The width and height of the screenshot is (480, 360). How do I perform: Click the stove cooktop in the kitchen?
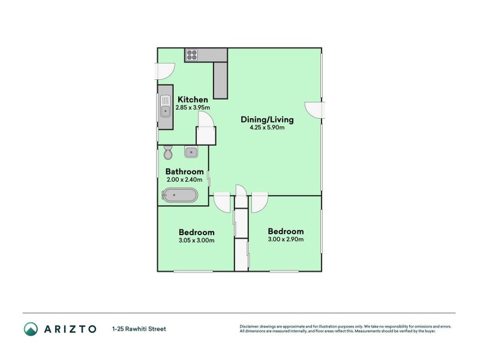pyautogui.click(x=192, y=55)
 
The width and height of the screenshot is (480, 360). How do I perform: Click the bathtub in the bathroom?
pyautogui.click(x=179, y=195)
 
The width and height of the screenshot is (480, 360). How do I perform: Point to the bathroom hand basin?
pyautogui.click(x=191, y=152)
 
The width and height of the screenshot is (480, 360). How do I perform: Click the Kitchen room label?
pyautogui.click(x=192, y=100)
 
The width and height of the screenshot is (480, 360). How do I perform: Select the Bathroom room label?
pyautogui.click(x=185, y=171)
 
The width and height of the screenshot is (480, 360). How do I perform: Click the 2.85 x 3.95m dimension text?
pyautogui.click(x=192, y=108)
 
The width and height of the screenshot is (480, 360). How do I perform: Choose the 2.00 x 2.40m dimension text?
pyautogui.click(x=185, y=179)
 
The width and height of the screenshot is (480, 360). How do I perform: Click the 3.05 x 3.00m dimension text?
pyautogui.click(x=196, y=241)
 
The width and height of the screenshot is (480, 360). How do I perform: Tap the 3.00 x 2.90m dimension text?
pyautogui.click(x=286, y=239)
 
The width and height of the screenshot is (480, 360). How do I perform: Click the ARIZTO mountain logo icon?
pyautogui.click(x=31, y=329)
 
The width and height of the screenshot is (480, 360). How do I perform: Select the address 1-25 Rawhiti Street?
pyautogui.click(x=139, y=329)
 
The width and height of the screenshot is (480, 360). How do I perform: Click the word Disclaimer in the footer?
pyautogui.click(x=251, y=326)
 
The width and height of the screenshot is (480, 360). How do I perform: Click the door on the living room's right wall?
pyautogui.click(x=314, y=110)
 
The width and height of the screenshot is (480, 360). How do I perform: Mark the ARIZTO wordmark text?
pyautogui.click(x=71, y=329)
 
